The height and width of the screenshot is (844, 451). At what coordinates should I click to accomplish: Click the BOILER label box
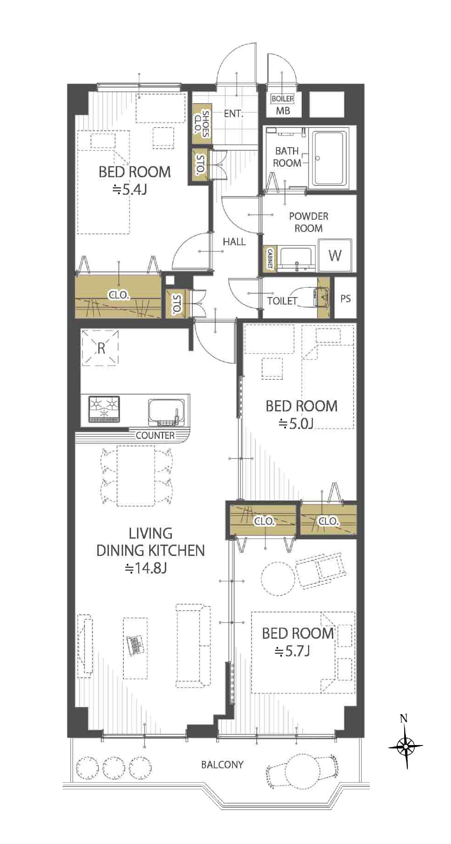(283, 98)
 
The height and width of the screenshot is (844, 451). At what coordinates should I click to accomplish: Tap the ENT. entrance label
(233, 114)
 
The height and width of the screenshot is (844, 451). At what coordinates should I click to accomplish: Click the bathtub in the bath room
(329, 158)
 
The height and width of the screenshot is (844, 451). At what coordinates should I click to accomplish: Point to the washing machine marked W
(335, 255)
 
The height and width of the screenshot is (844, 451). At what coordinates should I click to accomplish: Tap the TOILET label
(282, 301)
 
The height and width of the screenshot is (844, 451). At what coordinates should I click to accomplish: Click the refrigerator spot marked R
(101, 348)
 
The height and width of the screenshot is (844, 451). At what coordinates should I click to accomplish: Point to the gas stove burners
(104, 409)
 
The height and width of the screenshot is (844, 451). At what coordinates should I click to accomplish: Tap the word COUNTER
(155, 435)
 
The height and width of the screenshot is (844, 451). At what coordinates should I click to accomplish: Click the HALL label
(234, 242)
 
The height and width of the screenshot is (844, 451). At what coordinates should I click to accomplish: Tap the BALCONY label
(222, 765)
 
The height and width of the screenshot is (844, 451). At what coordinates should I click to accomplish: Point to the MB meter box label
(283, 111)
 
